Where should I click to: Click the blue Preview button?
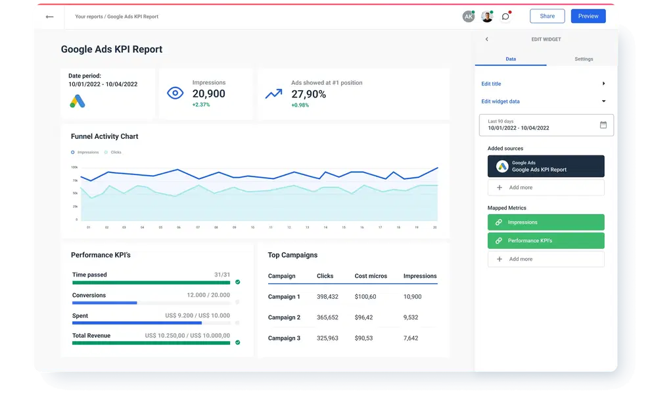pos(588,16)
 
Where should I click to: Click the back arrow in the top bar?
pos(49,16)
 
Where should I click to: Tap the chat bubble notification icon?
pos(505,16)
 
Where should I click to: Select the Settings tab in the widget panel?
pos(583,59)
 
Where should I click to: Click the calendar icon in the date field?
pos(603,124)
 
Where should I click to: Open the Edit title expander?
pos(603,84)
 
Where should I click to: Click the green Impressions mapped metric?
pos(546,223)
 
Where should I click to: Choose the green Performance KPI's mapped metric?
pos(546,241)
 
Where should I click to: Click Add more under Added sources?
pos(546,188)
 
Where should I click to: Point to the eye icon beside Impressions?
pos(175,93)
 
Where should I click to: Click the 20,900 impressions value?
pos(208,94)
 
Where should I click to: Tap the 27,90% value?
pos(308,94)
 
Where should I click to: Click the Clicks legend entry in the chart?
pos(115,152)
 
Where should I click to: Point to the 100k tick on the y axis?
pos(74,167)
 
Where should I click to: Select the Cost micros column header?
pos(371,276)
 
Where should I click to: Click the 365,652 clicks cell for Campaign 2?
pos(327,317)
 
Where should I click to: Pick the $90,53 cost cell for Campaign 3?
pos(363,338)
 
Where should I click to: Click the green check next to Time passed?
pos(238,282)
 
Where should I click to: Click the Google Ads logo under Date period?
pos(78,101)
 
